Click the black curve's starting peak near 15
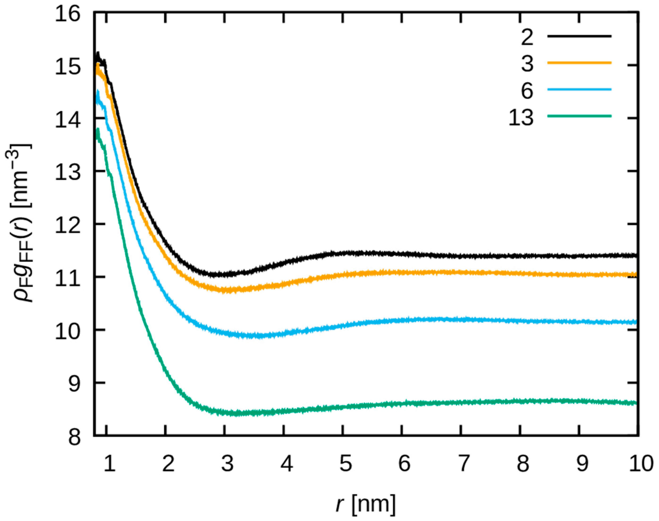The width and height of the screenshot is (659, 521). coord(98,54)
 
